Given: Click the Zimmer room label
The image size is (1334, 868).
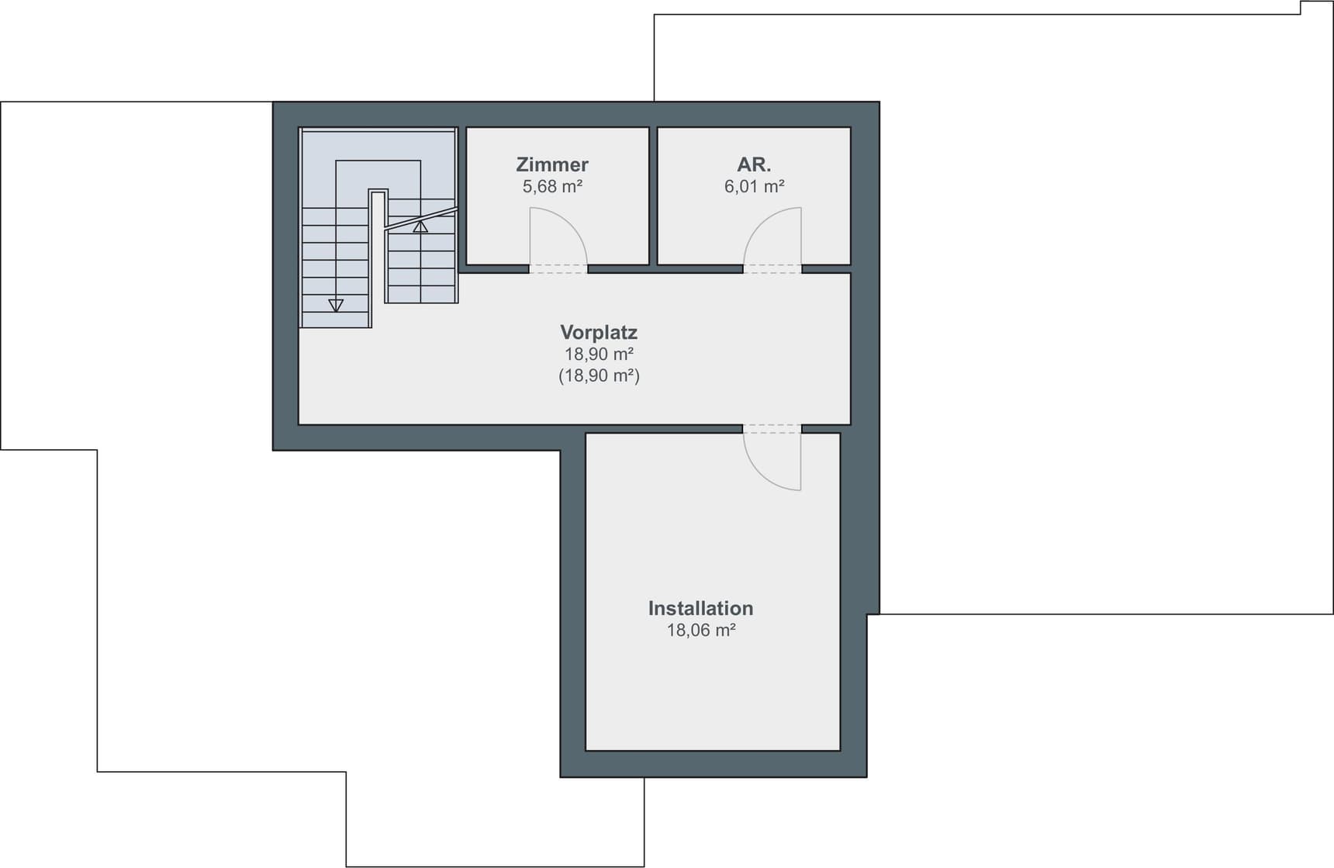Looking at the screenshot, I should (x=552, y=164).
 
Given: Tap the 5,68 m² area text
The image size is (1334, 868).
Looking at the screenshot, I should (x=552, y=186).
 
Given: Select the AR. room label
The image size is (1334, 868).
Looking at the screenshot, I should (x=754, y=164).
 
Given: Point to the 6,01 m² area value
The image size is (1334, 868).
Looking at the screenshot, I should (x=754, y=186).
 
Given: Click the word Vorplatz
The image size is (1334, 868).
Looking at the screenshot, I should (x=599, y=332).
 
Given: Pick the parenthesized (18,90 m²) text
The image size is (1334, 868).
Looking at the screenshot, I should (x=599, y=375).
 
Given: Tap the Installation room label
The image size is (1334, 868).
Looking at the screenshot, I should (x=700, y=608).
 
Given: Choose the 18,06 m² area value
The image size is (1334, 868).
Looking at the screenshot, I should (x=700, y=630).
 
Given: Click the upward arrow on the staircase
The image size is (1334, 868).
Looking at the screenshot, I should (x=420, y=227).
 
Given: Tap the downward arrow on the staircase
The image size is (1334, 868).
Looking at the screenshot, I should (x=336, y=305).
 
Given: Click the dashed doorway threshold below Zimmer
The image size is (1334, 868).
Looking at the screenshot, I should (x=558, y=269).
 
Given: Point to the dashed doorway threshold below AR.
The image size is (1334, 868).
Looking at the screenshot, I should (x=772, y=269).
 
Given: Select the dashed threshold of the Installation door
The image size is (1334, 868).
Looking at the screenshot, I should (x=772, y=428).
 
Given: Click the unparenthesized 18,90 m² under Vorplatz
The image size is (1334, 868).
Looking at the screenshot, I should (x=599, y=354).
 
